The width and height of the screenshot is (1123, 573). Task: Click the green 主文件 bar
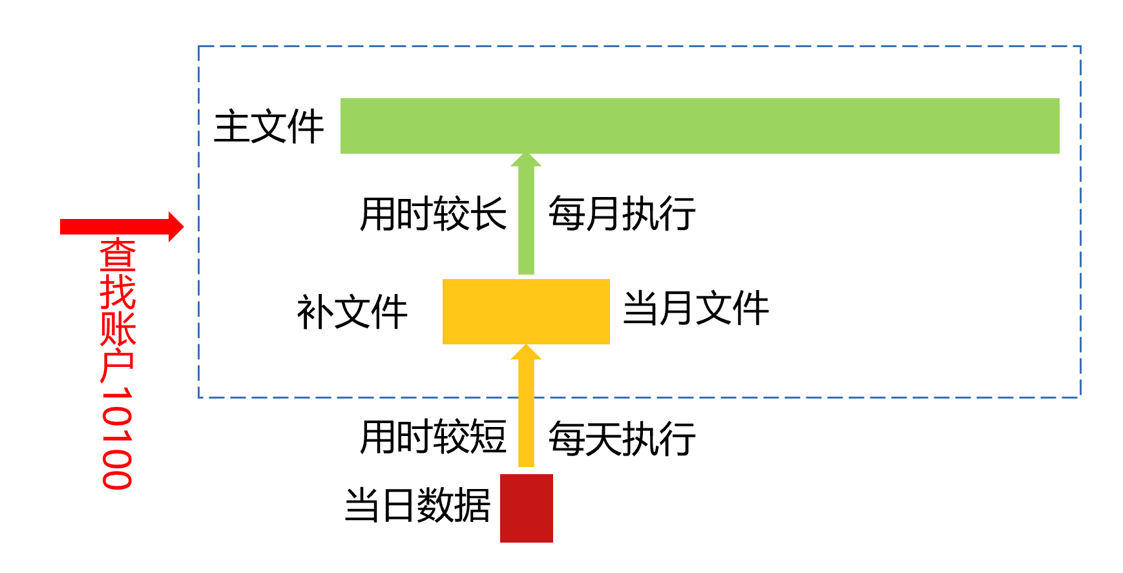point(699,126)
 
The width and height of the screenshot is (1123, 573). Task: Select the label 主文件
point(269,127)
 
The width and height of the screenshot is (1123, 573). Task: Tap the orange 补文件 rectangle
point(526,311)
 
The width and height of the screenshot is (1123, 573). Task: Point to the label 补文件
point(352,313)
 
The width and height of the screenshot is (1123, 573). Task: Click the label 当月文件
point(696,308)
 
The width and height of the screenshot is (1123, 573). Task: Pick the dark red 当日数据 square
point(526,508)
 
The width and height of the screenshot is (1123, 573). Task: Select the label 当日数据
point(417,505)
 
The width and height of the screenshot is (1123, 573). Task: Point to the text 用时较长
point(433,214)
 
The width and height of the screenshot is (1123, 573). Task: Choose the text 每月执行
point(622,214)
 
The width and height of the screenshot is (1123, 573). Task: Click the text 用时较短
point(433,437)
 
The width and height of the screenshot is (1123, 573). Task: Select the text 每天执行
point(622,439)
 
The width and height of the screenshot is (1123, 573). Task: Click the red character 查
point(118,255)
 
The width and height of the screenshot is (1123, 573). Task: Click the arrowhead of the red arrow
point(176,227)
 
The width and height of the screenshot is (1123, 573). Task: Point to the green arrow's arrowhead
point(526,160)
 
